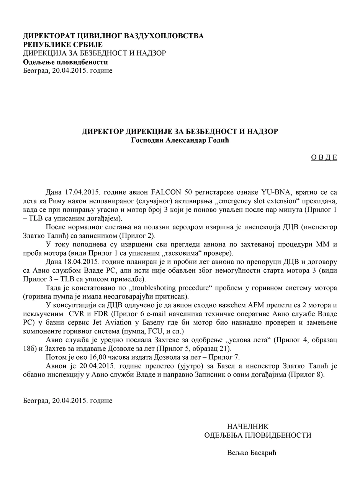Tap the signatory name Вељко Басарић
(x=252, y=453)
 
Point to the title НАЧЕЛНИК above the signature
(x=248, y=426)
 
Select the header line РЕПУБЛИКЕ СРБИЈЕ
(x=63, y=45)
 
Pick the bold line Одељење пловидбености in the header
(x=65, y=62)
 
